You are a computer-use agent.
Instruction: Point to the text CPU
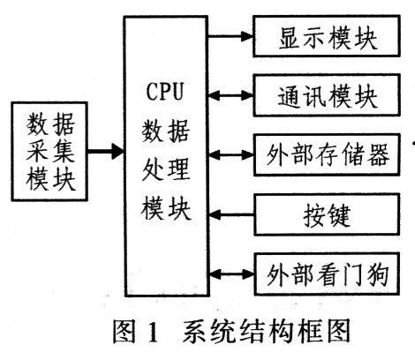click(165, 92)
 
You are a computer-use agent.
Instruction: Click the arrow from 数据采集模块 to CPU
click(106, 152)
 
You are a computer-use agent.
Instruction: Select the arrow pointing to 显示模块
click(230, 36)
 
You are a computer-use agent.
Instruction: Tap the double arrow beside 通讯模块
click(230, 95)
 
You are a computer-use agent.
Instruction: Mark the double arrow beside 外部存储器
click(230, 154)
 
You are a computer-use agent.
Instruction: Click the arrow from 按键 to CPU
click(231, 214)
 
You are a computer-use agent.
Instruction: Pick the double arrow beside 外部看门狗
click(231, 274)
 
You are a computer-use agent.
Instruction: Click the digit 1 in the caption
click(153, 332)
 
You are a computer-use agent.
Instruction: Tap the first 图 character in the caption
click(124, 331)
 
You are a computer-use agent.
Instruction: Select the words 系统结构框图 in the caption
click(267, 331)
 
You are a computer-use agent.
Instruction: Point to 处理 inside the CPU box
click(166, 170)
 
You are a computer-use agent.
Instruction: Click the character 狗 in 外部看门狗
click(378, 274)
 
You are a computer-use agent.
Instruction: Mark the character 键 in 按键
click(339, 215)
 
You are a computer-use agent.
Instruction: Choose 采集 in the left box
click(50, 152)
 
